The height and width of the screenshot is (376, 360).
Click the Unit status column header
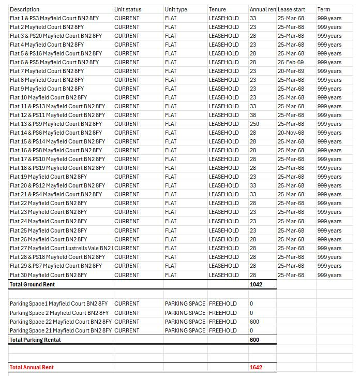[128, 9]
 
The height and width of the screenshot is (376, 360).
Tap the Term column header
[324, 9]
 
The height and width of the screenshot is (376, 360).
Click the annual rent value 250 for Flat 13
[254, 124]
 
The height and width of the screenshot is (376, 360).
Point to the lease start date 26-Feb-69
[291, 62]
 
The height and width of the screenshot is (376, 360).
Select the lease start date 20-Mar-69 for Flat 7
[291, 71]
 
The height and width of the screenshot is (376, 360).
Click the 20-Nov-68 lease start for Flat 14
[291, 133]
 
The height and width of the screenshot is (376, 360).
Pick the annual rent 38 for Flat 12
[253, 115]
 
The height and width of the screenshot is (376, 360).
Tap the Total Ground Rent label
[32, 284]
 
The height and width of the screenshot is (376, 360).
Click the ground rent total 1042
[256, 284]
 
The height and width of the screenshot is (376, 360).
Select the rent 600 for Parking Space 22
[254, 322]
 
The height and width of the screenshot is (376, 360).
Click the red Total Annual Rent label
[32, 367]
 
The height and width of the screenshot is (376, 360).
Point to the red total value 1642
[256, 367]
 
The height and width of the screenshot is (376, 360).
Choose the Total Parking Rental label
[35, 340]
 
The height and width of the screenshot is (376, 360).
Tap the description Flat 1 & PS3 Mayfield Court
[54, 18]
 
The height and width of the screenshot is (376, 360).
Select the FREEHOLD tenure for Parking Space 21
[223, 330]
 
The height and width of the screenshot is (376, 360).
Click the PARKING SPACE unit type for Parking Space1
[185, 303]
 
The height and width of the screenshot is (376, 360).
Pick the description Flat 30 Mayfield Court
[48, 275]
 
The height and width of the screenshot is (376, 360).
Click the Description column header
[24, 9]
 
